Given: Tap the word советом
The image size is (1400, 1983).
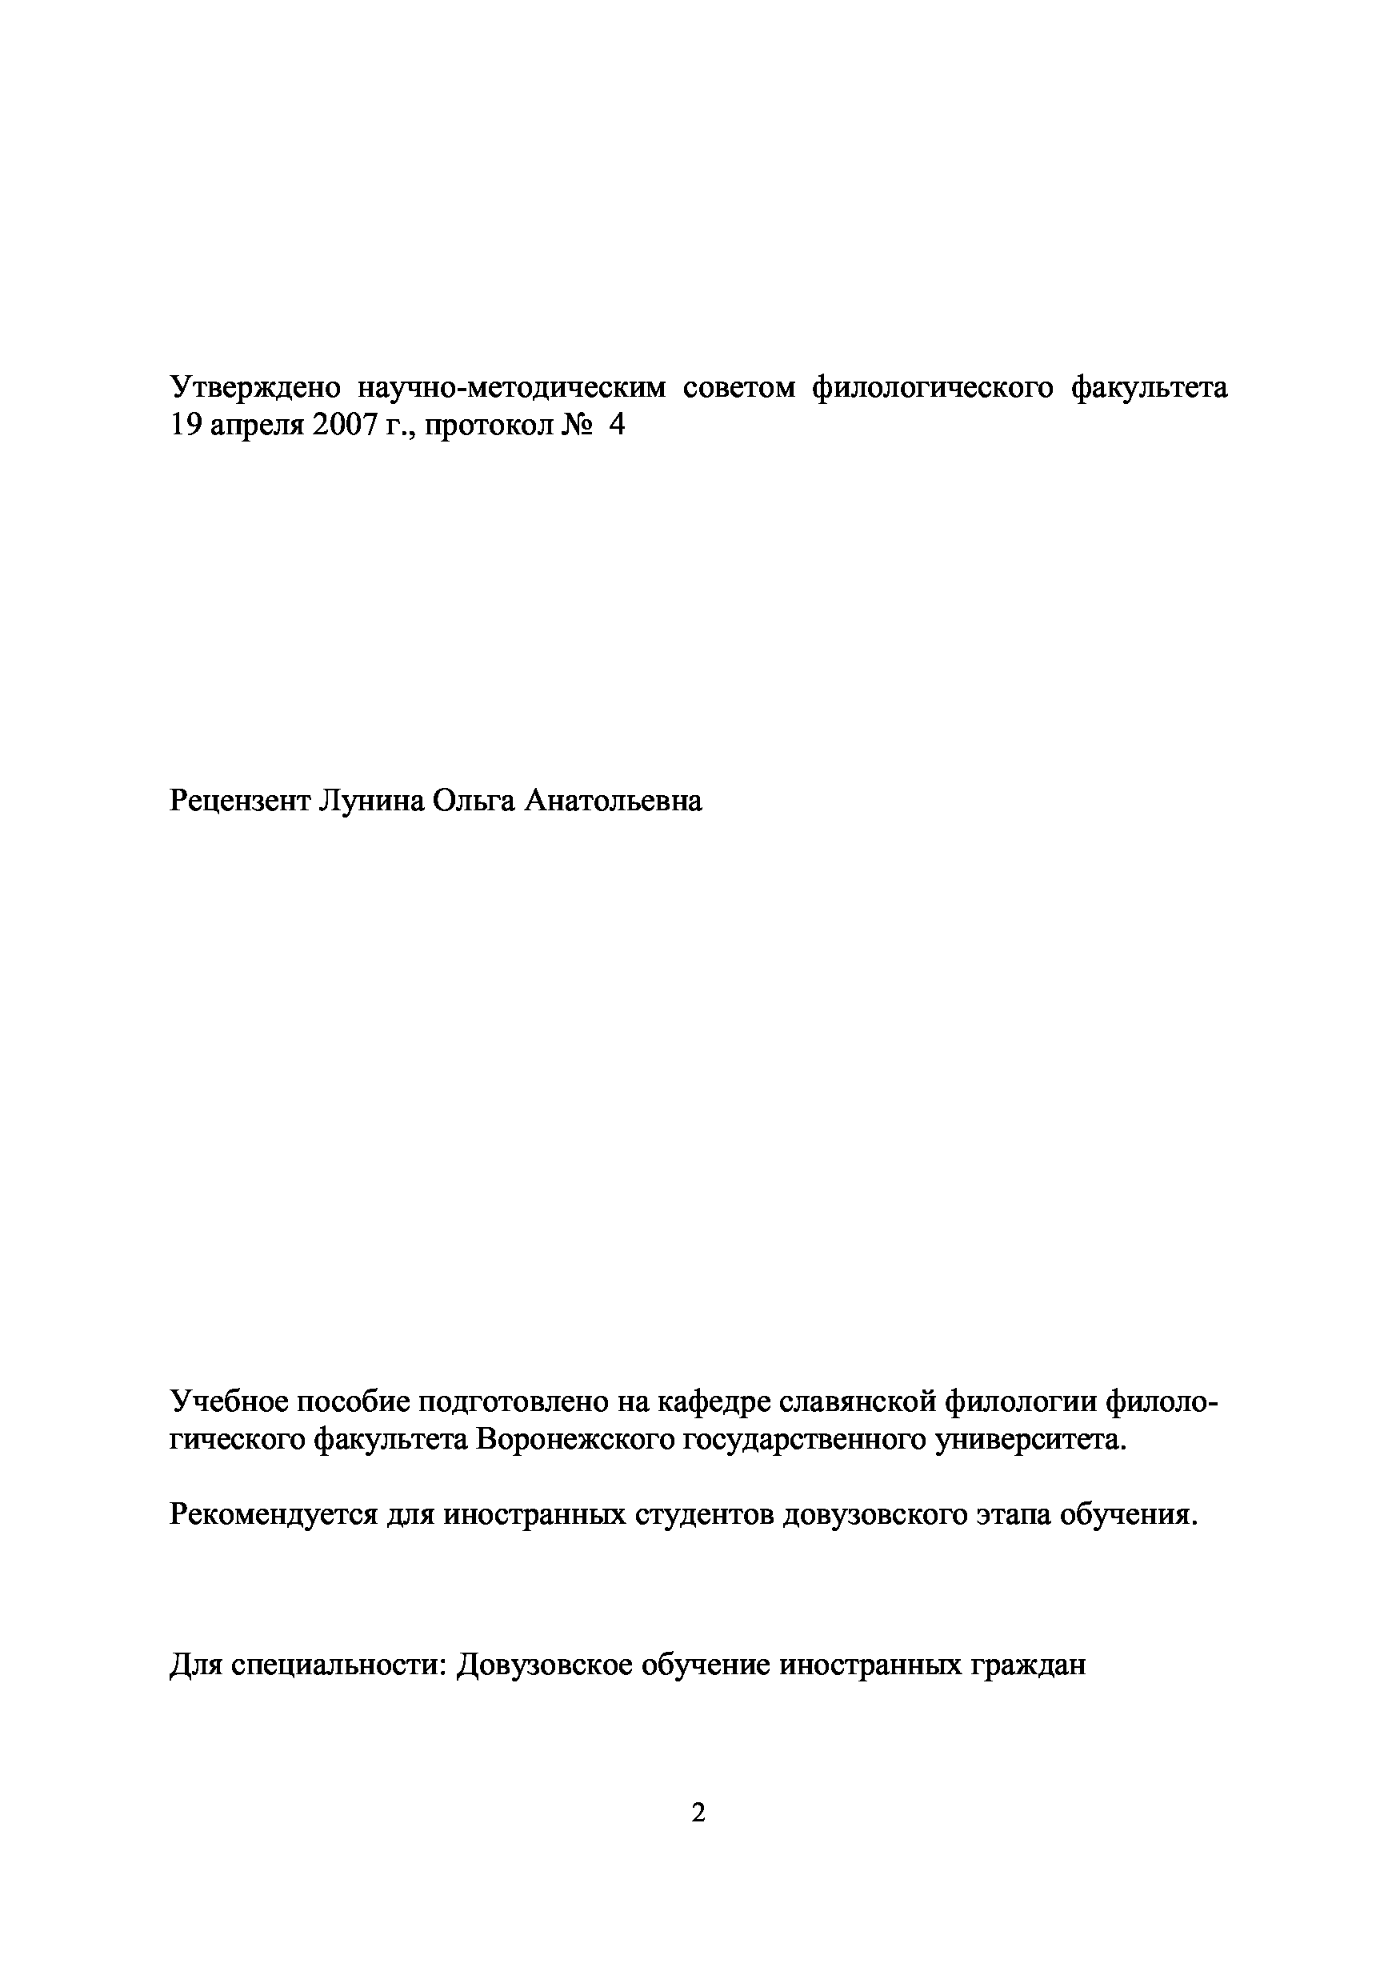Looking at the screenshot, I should click(x=738, y=389).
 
